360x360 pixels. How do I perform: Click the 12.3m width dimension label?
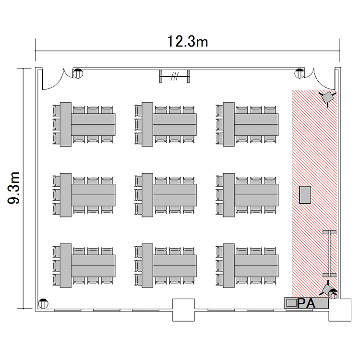coord(187,42)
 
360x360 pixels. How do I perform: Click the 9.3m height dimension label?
coord(14,188)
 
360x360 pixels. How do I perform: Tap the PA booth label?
coord(306,303)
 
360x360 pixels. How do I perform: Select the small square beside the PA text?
coord(291,303)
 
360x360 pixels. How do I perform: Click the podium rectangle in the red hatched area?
coord(305,195)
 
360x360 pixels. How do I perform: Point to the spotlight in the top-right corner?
coord(328,98)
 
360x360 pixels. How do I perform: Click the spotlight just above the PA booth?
coord(327,290)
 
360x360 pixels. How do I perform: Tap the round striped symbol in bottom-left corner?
coord(43,304)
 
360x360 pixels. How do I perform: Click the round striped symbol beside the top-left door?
coord(78,73)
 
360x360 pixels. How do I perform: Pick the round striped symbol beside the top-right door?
coord(300,73)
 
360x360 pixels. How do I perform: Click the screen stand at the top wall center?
coord(175,76)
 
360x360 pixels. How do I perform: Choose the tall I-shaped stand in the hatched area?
coord(329,254)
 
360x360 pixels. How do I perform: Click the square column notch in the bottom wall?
coord(183,310)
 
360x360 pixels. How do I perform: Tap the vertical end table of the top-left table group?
coord(66,124)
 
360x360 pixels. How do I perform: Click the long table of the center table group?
coord(175,195)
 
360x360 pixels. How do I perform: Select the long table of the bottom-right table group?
coord(256,265)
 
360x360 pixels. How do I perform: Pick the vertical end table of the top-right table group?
coord(228,124)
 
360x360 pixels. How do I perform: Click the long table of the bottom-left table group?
coord(93,265)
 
